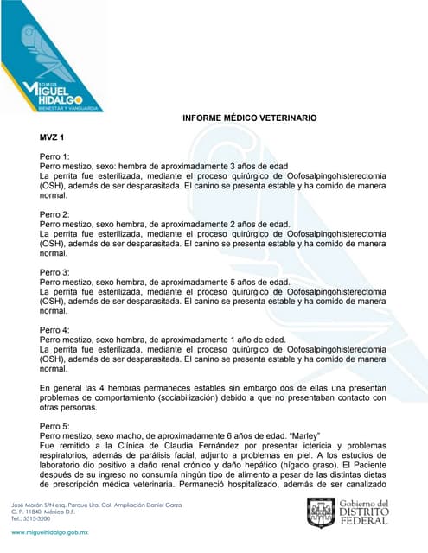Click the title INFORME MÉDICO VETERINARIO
pyautogui.click(x=249, y=117)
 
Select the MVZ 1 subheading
pyautogui.click(x=53, y=137)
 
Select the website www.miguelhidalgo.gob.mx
pyautogui.click(x=51, y=536)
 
